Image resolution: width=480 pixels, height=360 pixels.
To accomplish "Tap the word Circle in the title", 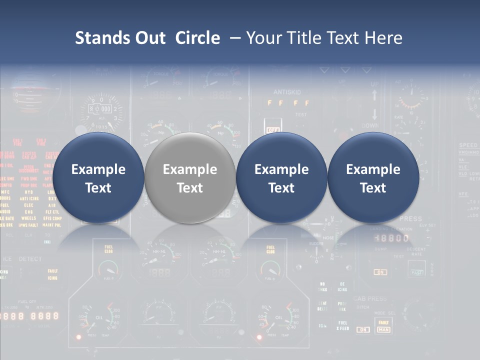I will pos(197,38).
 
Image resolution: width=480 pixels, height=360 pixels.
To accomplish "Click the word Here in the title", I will pos(383,38).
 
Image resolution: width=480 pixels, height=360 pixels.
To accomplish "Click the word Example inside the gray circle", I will pos(190,169).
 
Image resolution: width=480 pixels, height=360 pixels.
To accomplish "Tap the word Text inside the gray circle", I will pos(190,188).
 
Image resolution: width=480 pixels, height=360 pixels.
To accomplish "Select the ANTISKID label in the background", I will pos(288,92).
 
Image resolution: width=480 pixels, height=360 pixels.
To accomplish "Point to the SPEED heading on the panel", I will pos(468,145).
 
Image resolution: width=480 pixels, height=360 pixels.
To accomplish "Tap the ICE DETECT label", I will pos(22,259).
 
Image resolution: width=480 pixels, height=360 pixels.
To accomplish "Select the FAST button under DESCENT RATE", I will pos(416,272).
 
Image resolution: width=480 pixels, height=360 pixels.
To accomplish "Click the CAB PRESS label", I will pos(370,299).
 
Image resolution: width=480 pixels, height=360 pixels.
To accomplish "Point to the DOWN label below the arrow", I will pos(369,125).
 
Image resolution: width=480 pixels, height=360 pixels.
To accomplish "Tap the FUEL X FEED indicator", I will pos(342,325).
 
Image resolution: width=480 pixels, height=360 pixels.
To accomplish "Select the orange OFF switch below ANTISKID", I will pos(273,129).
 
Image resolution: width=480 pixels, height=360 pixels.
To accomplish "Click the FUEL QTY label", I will pos(27,301).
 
